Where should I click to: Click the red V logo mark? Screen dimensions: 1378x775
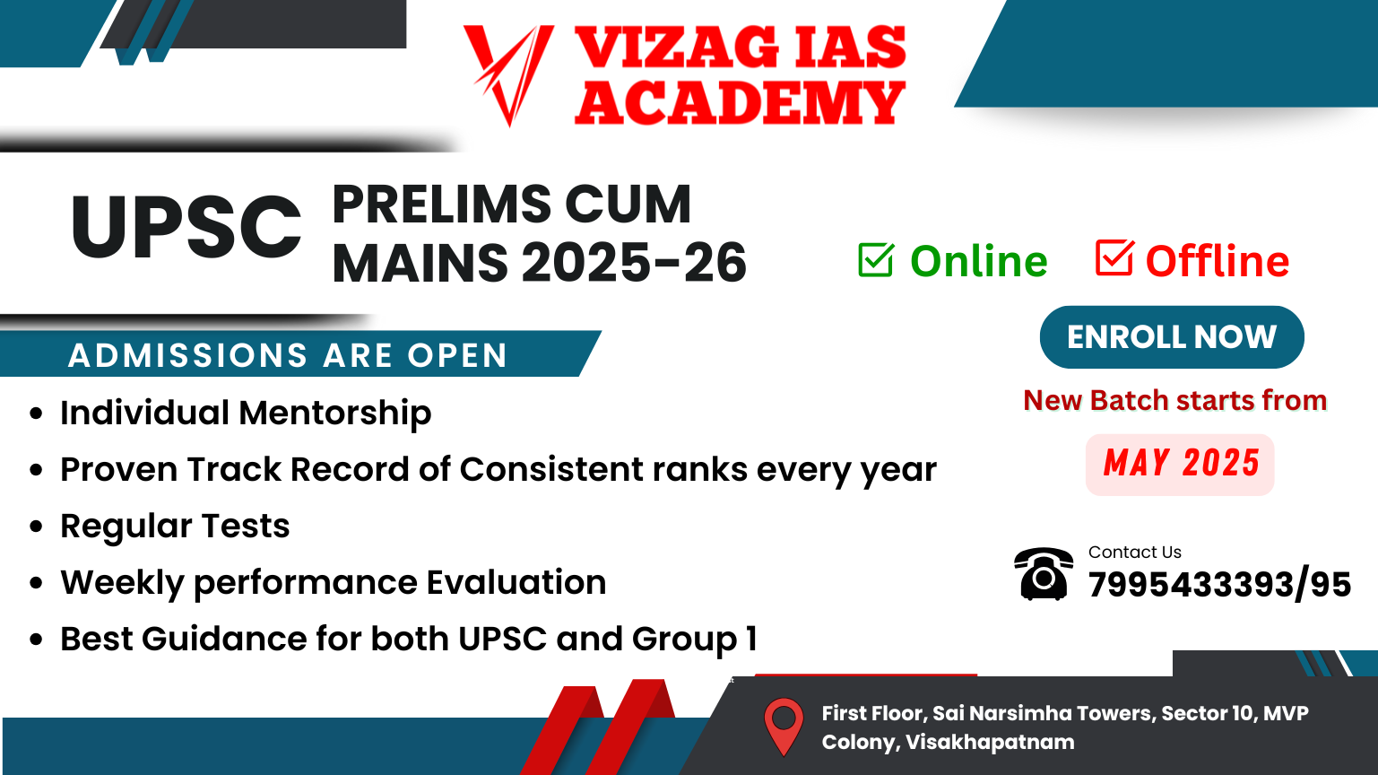click(509, 74)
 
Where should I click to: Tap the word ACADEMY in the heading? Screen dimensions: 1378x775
click(740, 102)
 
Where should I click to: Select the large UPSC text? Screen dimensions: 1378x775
click(186, 227)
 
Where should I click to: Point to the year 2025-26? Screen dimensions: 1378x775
click(634, 262)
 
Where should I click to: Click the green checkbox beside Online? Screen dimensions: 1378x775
click(876, 260)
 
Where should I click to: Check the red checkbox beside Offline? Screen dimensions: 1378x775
click(1114, 257)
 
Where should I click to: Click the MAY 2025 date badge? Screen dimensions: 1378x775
click(1181, 464)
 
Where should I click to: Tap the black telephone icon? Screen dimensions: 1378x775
click(1044, 573)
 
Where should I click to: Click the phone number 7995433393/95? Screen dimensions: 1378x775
click(1219, 584)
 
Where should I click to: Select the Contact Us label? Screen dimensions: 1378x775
click(1135, 553)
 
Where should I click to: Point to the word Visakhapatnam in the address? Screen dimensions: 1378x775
click(990, 742)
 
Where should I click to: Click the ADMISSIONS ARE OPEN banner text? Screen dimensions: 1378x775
click(288, 355)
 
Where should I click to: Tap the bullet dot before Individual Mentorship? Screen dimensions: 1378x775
click(36, 413)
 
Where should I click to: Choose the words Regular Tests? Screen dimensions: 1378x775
click(175, 527)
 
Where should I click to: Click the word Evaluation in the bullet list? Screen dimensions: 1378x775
click(516, 582)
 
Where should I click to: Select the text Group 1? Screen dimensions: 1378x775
click(694, 640)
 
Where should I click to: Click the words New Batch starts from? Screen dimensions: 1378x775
click(1175, 400)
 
